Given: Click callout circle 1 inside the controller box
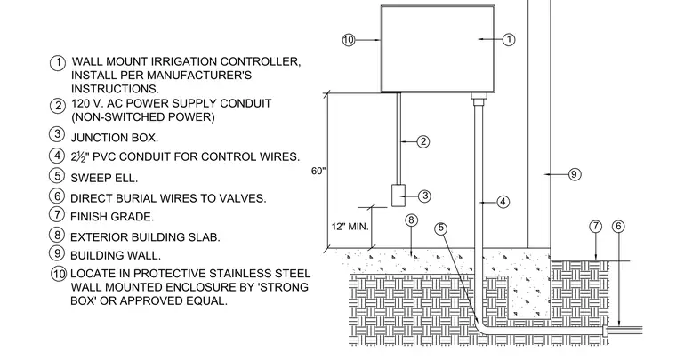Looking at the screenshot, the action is [x=509, y=40].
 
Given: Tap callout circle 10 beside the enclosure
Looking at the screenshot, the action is [x=349, y=40].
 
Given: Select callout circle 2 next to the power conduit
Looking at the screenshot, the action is [x=422, y=141].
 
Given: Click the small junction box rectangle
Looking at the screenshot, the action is [x=398, y=196].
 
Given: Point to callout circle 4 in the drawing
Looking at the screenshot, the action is [x=503, y=202].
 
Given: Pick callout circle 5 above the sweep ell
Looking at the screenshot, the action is [x=440, y=228].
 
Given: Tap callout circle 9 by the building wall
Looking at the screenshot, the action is [x=575, y=174].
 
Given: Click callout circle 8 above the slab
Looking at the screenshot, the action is [x=411, y=220].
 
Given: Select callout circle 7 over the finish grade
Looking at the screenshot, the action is [x=595, y=227].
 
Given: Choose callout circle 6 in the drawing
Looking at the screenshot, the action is [x=618, y=227].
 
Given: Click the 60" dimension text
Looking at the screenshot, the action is [x=318, y=171].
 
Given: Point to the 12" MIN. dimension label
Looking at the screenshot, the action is [x=350, y=227].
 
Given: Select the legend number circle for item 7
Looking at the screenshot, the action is [x=57, y=214].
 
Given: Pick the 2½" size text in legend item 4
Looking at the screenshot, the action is [x=79, y=156].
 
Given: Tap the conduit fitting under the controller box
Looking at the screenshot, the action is [x=479, y=99].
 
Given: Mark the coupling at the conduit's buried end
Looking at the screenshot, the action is [x=606, y=331].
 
